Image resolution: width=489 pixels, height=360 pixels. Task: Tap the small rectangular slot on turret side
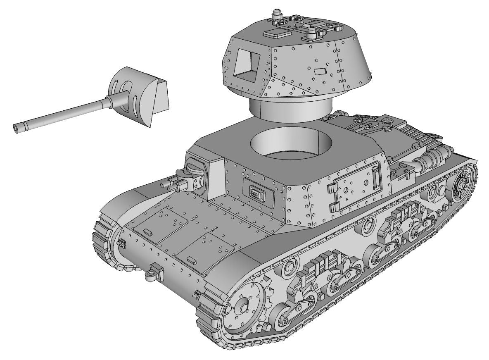click(320, 71)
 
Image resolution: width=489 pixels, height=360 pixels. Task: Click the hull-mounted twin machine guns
click(182, 181)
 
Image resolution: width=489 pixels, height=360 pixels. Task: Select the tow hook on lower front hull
click(154, 273)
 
